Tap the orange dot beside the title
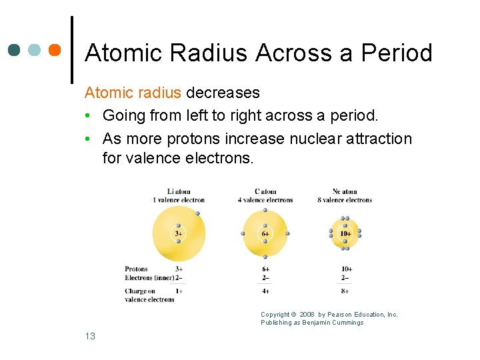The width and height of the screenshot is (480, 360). [x=55, y=50]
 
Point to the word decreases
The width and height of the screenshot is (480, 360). [x=223, y=93]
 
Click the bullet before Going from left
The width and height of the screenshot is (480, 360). [x=89, y=116]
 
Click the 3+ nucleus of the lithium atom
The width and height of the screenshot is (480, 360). [x=179, y=233]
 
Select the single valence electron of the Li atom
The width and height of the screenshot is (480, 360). [x=198, y=213]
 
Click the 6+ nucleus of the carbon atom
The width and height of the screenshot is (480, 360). [x=265, y=233]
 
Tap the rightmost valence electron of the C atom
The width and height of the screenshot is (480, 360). [x=287, y=233]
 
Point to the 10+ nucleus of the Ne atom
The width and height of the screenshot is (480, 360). [x=345, y=233]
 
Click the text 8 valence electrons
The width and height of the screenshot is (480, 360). [x=345, y=200]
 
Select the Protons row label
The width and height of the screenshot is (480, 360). [x=137, y=269]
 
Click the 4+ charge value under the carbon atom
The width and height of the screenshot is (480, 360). [x=265, y=291]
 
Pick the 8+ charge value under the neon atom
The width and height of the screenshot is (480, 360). [x=345, y=291]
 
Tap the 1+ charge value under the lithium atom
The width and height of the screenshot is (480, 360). [x=179, y=291]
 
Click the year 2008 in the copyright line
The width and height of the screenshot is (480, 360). [x=307, y=315]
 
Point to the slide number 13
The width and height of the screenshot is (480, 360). [x=90, y=336]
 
